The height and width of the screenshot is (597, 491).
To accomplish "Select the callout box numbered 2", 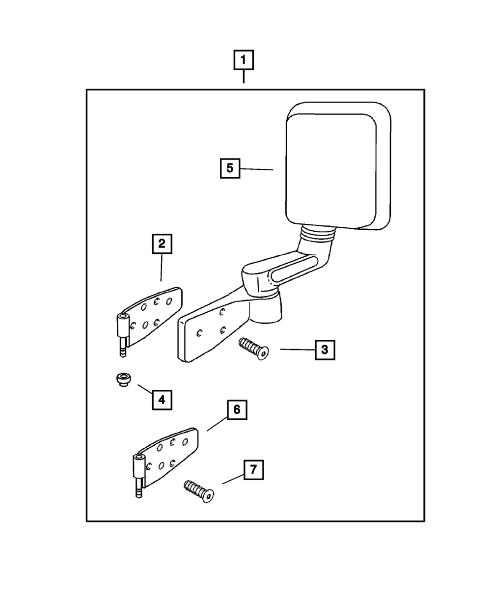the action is pos(162,244).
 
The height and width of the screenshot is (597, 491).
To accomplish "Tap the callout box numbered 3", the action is pos(325,350).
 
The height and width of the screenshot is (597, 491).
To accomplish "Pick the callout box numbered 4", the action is pos(162,399).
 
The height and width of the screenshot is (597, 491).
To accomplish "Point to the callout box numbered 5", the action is pos(230,168).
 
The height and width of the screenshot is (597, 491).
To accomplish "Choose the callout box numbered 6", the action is pos(237,409).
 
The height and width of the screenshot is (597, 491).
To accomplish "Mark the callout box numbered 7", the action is pos(253,470).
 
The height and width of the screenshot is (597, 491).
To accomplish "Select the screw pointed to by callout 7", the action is pos(199,491).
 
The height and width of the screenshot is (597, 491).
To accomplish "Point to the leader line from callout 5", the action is pos(257,169).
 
